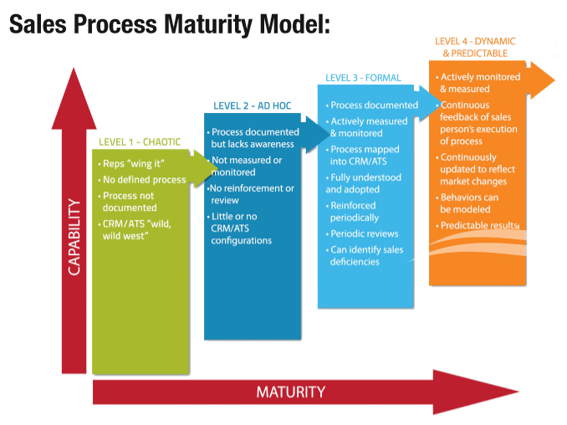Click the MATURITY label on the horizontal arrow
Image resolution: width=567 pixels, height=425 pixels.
(x=290, y=392)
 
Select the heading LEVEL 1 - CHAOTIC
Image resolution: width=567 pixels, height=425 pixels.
(x=139, y=141)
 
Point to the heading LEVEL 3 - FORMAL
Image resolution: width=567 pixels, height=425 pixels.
(x=363, y=78)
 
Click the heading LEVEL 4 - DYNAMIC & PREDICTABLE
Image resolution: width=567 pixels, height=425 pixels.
(x=475, y=47)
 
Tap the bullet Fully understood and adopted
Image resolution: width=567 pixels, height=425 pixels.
(x=365, y=183)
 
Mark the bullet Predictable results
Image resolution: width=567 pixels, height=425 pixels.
(x=479, y=226)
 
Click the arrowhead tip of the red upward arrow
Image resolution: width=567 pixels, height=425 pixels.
(x=74, y=71)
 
